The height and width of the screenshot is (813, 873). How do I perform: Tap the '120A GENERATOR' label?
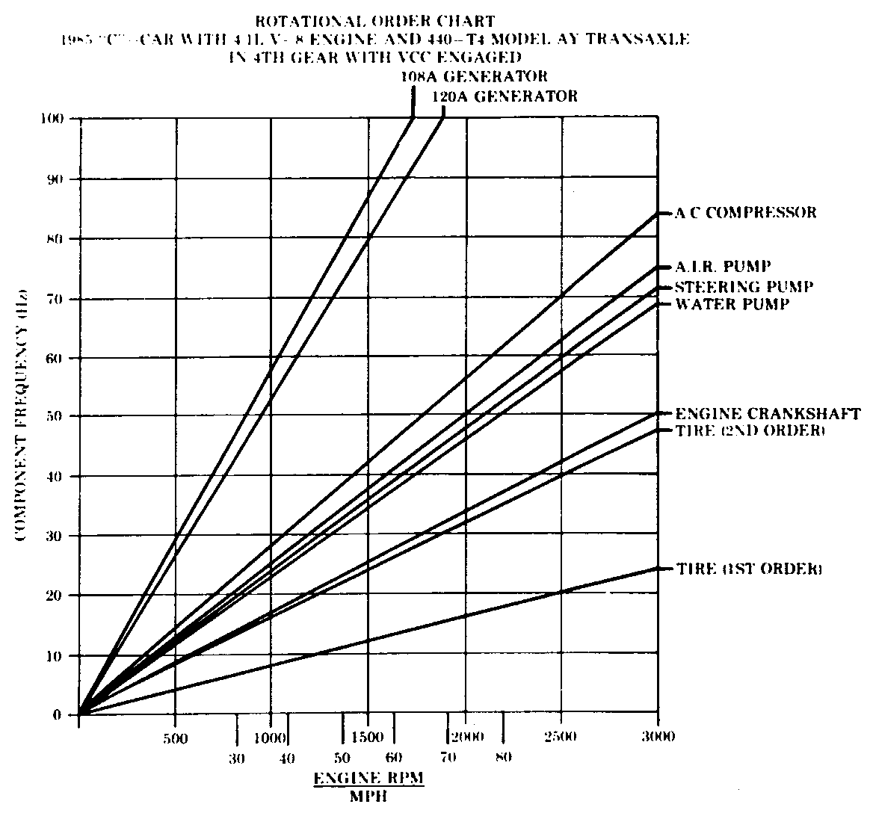(x=505, y=96)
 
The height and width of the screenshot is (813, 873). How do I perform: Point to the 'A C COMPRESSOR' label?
(x=746, y=213)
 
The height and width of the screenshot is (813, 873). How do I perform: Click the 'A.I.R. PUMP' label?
(x=723, y=267)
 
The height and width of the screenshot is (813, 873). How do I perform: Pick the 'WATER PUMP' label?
(x=732, y=304)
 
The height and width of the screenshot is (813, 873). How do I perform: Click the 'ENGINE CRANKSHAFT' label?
(x=768, y=414)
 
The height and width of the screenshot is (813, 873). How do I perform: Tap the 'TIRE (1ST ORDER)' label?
(x=749, y=569)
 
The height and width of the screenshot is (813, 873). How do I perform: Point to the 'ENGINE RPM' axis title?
(x=368, y=778)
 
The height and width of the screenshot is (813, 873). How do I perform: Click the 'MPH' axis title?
(x=367, y=796)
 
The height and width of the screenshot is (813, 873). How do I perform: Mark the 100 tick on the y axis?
(x=55, y=120)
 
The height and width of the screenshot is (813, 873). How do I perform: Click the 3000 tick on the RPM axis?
(x=658, y=737)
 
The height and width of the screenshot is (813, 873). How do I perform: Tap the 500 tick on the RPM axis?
(x=174, y=737)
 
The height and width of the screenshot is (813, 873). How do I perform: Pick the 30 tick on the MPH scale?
(x=236, y=757)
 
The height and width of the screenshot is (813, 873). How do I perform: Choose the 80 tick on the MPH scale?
(x=503, y=757)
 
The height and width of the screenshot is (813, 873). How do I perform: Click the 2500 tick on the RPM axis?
(x=561, y=737)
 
